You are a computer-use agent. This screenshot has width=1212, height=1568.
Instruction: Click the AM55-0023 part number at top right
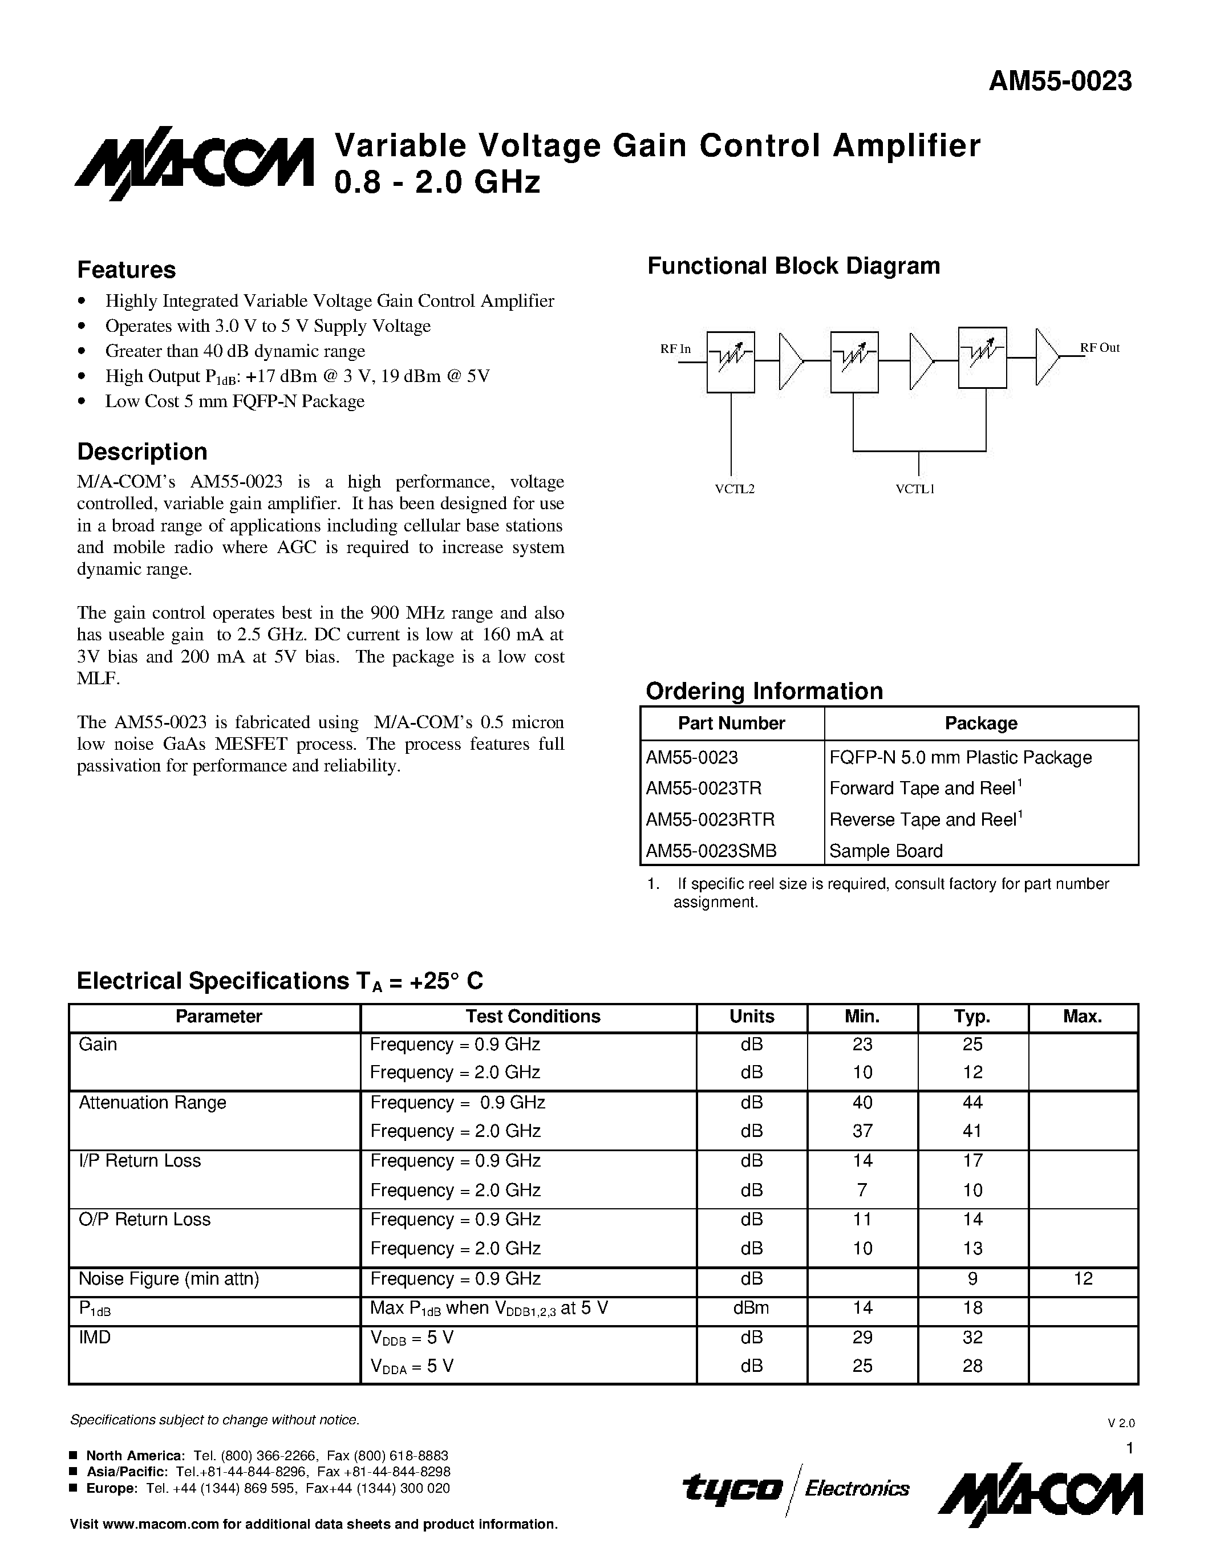coord(1060,81)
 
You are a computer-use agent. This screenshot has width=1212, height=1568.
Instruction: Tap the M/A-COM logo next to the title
coord(194,164)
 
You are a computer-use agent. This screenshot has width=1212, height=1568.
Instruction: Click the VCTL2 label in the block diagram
coord(735,489)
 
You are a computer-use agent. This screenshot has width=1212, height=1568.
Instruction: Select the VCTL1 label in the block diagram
coord(915,489)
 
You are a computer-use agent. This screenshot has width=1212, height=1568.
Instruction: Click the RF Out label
coord(1100,347)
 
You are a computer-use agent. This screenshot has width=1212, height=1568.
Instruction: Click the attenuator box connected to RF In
coord(730,362)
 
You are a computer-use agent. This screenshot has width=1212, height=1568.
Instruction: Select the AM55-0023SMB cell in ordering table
coord(711,851)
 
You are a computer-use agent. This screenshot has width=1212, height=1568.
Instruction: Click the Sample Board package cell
coord(885,851)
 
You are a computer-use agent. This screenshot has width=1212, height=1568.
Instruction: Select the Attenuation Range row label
coord(152,1103)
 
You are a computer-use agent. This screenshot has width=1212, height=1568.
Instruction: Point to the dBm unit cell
coord(751,1308)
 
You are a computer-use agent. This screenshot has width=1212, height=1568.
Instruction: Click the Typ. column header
coord(972,1017)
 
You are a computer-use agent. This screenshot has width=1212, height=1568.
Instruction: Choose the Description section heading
coord(142,452)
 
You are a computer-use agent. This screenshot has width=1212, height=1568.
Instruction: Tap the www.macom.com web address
coord(161,1524)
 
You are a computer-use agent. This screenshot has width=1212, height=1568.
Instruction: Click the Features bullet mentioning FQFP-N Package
coord(235,401)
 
